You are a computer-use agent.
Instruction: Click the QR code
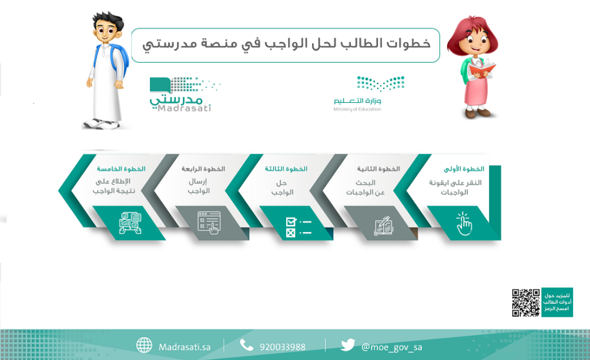pyautogui.click(x=526, y=302)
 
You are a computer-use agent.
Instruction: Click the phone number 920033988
pyautogui.click(x=282, y=347)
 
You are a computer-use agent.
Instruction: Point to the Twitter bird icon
pyautogui.click(x=348, y=346)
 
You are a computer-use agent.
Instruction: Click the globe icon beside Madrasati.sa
pyautogui.click(x=144, y=346)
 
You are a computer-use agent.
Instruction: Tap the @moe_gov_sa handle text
pyautogui.click(x=392, y=347)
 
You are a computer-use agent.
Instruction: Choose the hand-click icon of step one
pyautogui.click(x=464, y=224)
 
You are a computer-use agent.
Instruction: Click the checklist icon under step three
pyautogui.click(x=298, y=226)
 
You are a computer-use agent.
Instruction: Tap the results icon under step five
pyautogui.click(x=130, y=223)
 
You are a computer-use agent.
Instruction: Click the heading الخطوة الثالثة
pyautogui.click(x=286, y=169)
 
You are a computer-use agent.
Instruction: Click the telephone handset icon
pyautogui.click(x=247, y=346)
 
